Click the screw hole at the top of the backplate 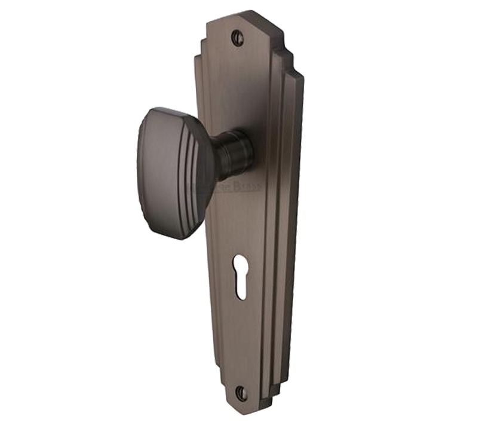(238, 38)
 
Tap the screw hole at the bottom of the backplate (241, 393)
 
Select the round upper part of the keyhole (241, 265)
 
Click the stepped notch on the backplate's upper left (199, 51)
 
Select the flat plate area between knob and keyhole (239, 221)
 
